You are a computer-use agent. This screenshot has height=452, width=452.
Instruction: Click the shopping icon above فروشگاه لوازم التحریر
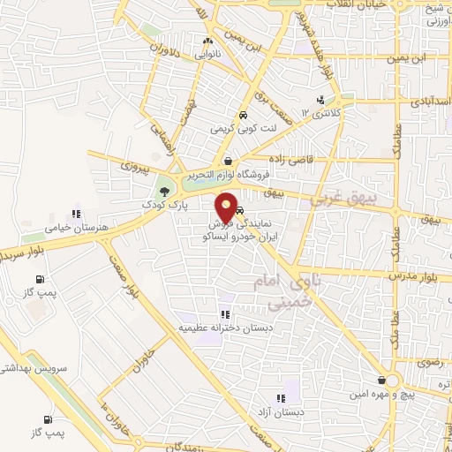230,161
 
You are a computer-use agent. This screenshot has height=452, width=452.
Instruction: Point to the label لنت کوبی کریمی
242,128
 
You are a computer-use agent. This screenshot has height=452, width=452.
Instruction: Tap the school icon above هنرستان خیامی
77,214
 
